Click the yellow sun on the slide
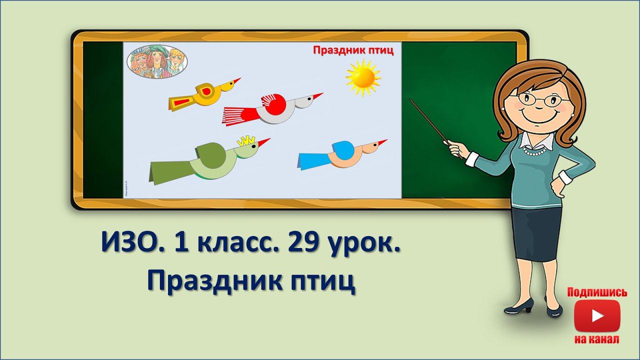363,77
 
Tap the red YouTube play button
597,315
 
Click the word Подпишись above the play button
597,292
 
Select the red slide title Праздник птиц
353,50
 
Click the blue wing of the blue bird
343,149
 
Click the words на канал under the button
597,339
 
